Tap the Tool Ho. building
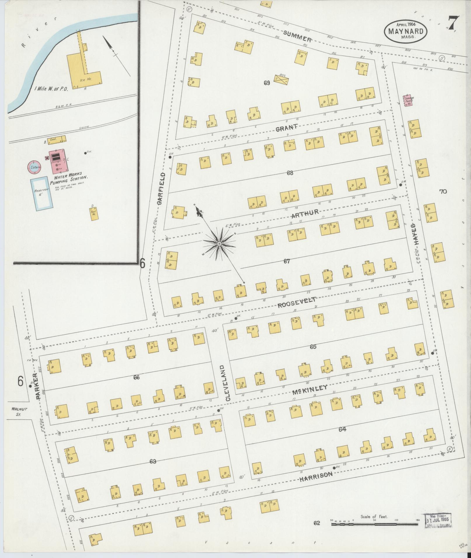point(94,214)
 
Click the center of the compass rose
point(219,243)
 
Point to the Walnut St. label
point(19,411)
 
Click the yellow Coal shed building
point(54,139)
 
